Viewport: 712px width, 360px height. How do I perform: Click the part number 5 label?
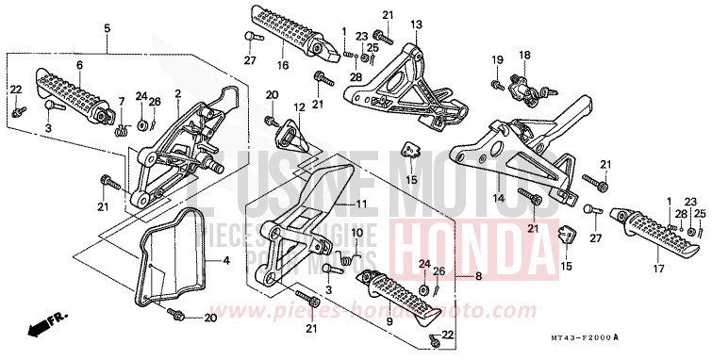(107, 28)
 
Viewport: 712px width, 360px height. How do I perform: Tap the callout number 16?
(282, 66)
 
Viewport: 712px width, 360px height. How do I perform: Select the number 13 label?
(416, 23)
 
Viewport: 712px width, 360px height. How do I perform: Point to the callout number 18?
(524, 55)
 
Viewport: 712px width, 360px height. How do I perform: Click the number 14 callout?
(497, 199)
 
